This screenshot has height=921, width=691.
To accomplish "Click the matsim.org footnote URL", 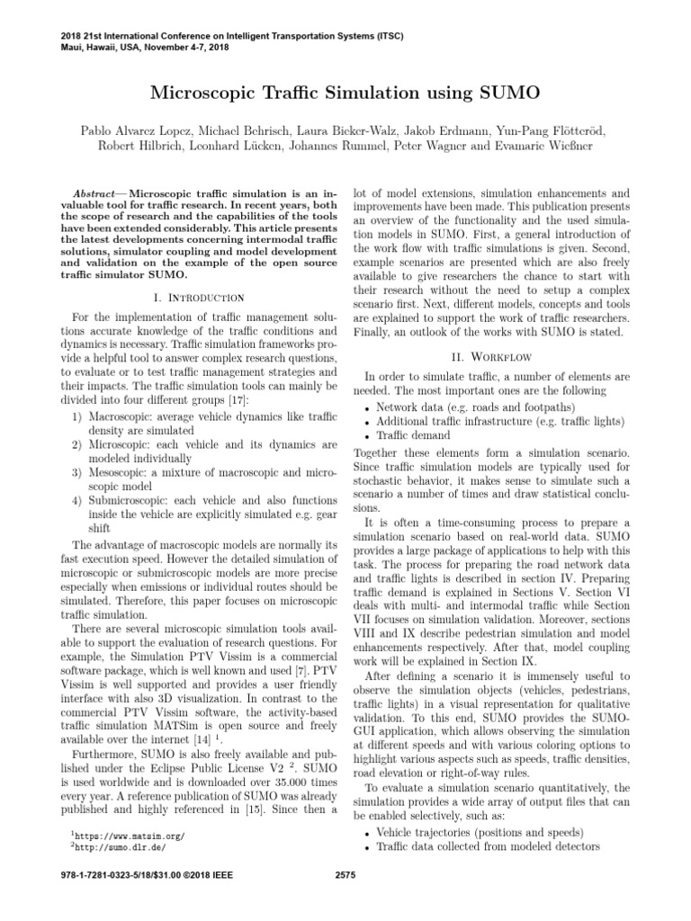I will [125, 836].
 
